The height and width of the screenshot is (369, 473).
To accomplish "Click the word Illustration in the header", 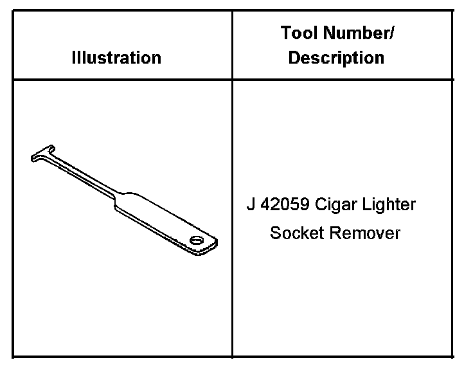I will click(x=116, y=57).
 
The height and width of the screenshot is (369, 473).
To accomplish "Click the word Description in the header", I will click(x=336, y=57).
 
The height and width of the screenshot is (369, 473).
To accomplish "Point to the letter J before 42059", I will click(x=250, y=205).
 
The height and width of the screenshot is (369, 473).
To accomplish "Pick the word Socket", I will click(x=297, y=232).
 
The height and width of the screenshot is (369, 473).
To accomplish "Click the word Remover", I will click(x=364, y=232).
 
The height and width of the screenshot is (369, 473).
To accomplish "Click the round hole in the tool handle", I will click(x=195, y=240).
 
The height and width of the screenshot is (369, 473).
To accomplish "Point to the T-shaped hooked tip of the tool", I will click(x=42, y=154).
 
